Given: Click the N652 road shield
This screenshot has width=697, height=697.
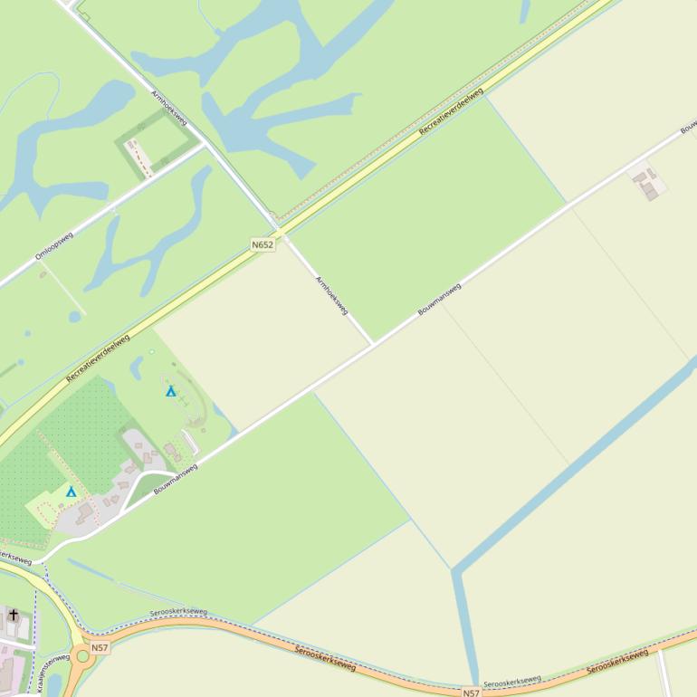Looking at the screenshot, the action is pos(263,244).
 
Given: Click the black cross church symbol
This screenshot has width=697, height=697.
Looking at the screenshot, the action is pos(14,616).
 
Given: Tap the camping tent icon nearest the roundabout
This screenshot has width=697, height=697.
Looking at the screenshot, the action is pos(72,492).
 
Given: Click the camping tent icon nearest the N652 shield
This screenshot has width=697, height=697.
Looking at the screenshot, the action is pos(170,391).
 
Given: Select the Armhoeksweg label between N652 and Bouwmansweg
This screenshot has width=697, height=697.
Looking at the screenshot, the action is pos(331,295).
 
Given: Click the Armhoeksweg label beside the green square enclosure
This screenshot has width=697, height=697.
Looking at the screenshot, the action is pos(168,108).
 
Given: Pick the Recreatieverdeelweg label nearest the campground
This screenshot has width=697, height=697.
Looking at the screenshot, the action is pos(98,357).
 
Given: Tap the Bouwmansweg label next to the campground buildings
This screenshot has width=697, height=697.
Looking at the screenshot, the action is pos(176,479).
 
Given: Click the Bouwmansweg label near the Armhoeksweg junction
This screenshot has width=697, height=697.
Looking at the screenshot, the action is pos(439,300).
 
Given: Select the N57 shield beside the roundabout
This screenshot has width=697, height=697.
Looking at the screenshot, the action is pos(100,647).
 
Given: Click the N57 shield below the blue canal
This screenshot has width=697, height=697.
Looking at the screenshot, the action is pos(471,692).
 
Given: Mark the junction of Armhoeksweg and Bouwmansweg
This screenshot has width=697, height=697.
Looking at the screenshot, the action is pos(372,344).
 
